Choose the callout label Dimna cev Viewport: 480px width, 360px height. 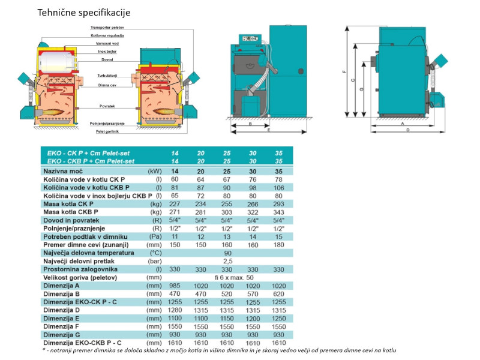coord(107,85)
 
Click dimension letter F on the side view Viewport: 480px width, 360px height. coord(344,71)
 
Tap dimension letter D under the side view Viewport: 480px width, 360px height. coord(407,130)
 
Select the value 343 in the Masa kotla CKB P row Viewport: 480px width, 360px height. coord(278,213)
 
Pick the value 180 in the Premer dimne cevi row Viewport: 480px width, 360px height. coord(278,245)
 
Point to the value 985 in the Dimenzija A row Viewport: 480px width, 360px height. coord(175,286)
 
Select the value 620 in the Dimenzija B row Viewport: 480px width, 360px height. coord(278,293)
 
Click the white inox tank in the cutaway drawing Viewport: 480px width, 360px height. coord(56,59)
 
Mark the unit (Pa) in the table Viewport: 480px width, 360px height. coord(155,237)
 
